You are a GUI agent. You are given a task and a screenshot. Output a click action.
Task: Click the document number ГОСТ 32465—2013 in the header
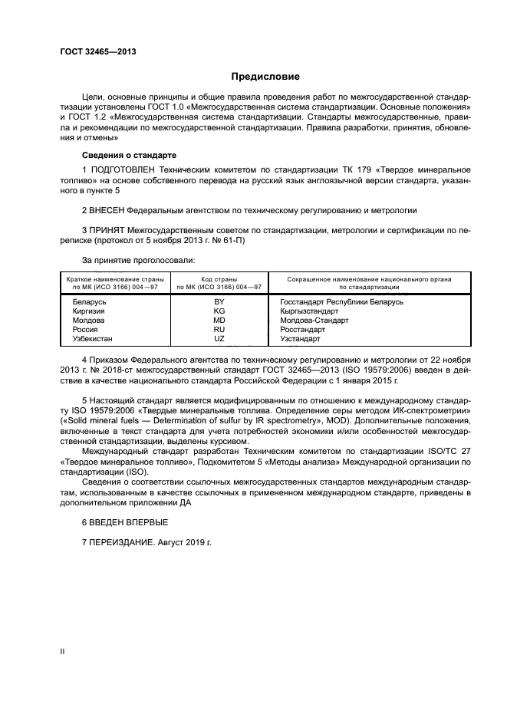point(93,52)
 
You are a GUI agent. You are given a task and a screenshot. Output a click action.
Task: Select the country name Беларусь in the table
point(89,302)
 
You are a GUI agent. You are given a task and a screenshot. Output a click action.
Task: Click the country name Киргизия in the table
point(91,311)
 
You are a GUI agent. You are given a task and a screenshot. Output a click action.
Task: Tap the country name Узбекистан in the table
point(94,339)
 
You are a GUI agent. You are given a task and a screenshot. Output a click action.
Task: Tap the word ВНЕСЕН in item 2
point(107,209)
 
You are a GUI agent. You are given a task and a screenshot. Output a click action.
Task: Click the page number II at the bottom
point(62,651)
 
